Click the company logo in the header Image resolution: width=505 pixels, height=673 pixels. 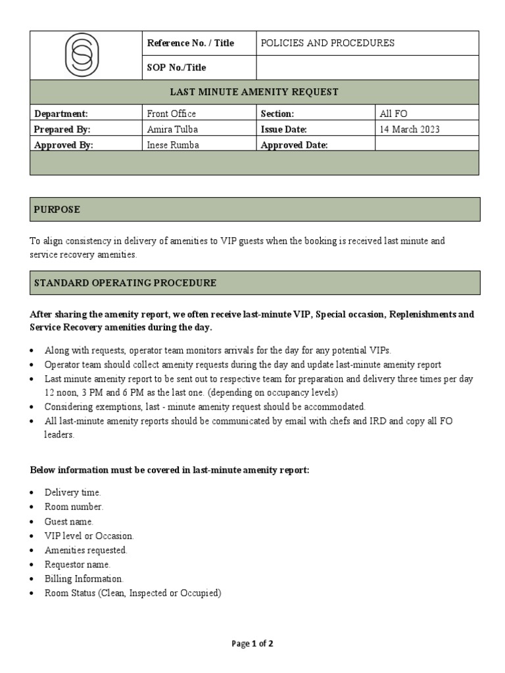[x=86, y=55]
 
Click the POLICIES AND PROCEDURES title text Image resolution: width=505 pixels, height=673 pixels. [x=327, y=43]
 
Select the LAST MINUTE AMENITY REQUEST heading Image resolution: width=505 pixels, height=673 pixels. [x=254, y=92]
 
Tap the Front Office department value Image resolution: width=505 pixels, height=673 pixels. [x=171, y=114]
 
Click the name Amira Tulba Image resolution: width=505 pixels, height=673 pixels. [x=173, y=129]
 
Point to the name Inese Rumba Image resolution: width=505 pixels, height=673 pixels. [x=173, y=145]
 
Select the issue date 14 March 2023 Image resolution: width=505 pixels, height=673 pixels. [x=410, y=129]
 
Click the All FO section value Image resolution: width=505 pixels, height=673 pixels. [x=393, y=114]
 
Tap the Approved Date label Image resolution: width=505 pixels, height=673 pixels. [x=294, y=145]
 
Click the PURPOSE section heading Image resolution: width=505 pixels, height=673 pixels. [x=57, y=210]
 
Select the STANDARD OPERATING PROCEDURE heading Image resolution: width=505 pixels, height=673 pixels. [x=125, y=283]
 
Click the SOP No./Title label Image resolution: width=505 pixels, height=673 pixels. [x=176, y=68]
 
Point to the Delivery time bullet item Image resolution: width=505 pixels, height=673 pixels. [x=72, y=492]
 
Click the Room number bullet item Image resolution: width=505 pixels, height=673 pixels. [x=74, y=507]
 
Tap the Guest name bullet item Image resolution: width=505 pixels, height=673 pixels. [x=69, y=521]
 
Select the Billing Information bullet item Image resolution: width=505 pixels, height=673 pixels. [x=84, y=579]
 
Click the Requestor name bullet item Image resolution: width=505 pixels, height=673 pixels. [x=77, y=565]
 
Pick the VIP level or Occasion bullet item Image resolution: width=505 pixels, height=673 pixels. [x=89, y=536]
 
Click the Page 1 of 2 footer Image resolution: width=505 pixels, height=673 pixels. [x=252, y=644]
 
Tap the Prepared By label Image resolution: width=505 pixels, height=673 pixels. [x=62, y=129]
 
